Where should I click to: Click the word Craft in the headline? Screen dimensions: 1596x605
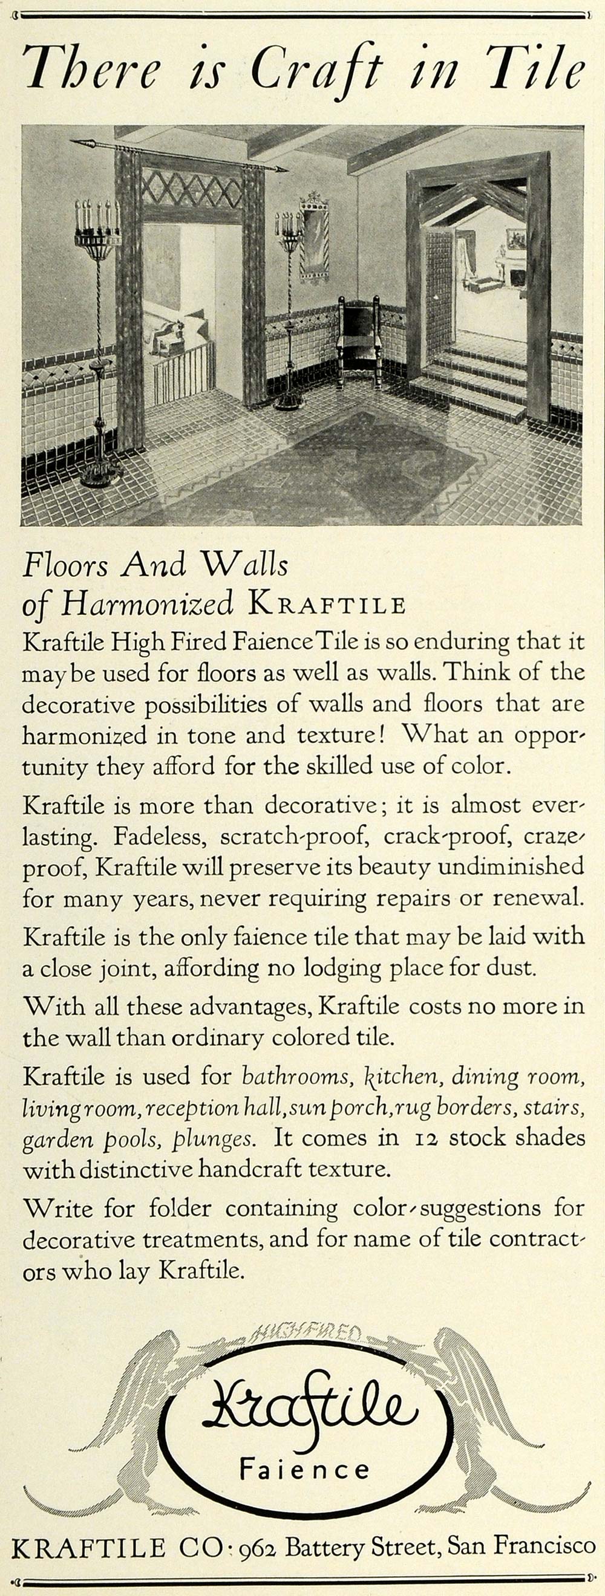315,70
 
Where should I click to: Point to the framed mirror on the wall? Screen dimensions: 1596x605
313,238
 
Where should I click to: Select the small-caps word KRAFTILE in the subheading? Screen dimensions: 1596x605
327,604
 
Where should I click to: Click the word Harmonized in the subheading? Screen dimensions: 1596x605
146,603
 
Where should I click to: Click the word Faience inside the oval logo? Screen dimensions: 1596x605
304,1468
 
